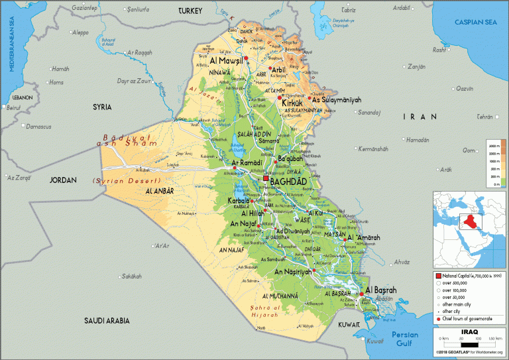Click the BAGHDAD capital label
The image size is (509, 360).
click(x=289, y=180)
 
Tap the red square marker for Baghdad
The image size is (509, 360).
click(x=266, y=179)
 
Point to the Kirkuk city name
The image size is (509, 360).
click(x=292, y=103)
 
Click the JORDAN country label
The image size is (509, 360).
click(x=64, y=180)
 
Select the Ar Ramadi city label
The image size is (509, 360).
click(x=247, y=162)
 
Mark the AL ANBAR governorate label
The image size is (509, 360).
click(x=159, y=190)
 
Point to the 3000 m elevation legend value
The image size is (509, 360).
click(x=493, y=145)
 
